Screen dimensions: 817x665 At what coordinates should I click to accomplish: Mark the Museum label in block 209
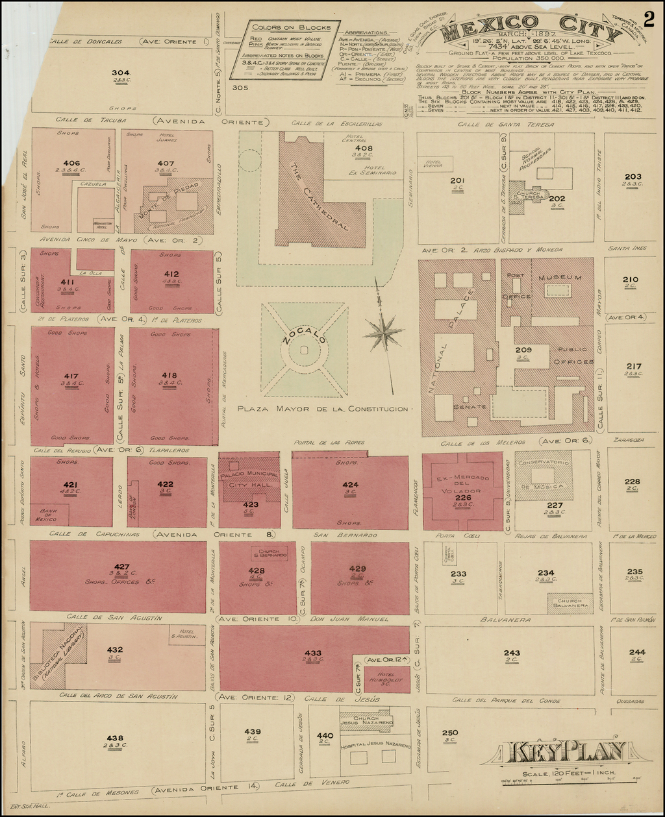(562, 278)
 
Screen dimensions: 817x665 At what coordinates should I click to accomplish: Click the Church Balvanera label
(570, 602)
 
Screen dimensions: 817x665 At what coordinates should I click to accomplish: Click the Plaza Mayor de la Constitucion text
(323, 409)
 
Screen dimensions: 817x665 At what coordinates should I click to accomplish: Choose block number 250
(449, 733)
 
